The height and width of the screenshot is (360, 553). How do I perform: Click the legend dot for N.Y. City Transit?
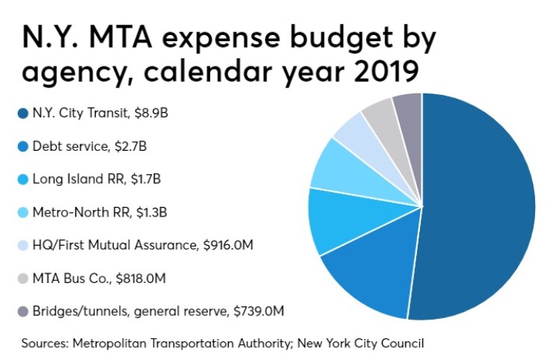click(22, 114)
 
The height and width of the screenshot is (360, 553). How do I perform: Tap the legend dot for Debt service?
click(22, 147)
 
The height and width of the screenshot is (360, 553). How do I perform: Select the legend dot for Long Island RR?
click(22, 180)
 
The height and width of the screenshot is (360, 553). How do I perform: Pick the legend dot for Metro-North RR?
click(22, 213)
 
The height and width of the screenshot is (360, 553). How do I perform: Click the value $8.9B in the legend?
click(141, 114)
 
